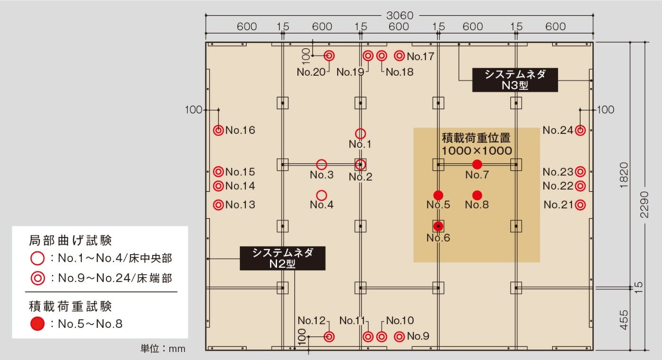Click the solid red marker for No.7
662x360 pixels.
(477, 164)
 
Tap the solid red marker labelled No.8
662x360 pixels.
(477, 195)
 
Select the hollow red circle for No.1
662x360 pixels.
(360, 134)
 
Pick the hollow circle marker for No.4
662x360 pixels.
(322, 195)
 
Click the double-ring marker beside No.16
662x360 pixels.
(218, 130)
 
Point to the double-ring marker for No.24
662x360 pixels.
(581, 130)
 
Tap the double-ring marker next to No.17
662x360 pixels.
(400, 56)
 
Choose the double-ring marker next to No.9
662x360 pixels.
(400, 336)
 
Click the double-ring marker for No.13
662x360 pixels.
(218, 205)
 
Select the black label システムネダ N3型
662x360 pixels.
(515, 80)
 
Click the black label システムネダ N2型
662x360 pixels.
(282, 258)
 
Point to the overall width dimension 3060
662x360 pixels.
(400, 16)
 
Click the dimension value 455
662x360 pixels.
(624, 319)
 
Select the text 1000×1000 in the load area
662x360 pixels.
(477, 151)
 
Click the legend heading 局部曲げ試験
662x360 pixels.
(70, 240)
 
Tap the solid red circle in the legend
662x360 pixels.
(37, 324)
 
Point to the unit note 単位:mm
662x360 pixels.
(163, 349)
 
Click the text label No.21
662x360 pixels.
(558, 205)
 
